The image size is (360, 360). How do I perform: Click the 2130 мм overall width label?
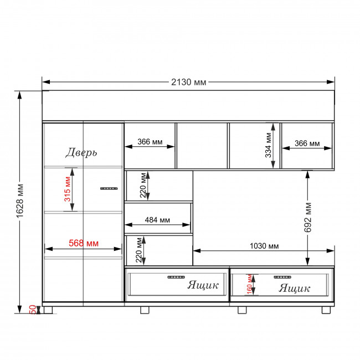pos(188,82)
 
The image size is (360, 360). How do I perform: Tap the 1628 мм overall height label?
pos(20,201)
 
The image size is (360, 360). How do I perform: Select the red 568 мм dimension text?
pos(84,243)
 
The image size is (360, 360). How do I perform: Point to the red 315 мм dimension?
pos(68,189)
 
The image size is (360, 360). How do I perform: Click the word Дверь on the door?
pos(81,152)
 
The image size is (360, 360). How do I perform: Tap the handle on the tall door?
pos(109,188)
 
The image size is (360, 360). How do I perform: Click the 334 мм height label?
pos(268,145)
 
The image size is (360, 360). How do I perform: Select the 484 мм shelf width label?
pos(157,220)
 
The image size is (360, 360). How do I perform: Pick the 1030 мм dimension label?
pos(264,246)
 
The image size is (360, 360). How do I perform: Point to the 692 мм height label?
pos(307,217)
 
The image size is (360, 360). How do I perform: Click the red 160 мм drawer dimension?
pos(249,285)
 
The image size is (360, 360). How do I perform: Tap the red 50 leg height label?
pos(33,310)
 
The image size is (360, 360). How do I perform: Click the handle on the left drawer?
pos(176,277)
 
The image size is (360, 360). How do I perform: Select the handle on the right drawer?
pos(282,277)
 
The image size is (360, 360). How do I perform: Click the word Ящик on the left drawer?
pos(203,285)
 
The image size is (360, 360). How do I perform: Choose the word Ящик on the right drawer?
pos(294,288)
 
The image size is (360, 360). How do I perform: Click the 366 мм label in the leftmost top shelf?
pos(150,142)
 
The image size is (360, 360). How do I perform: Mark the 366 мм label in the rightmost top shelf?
pos(307,143)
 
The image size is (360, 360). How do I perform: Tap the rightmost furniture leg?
pos(326,310)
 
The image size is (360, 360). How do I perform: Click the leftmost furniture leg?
pos(48,310)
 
